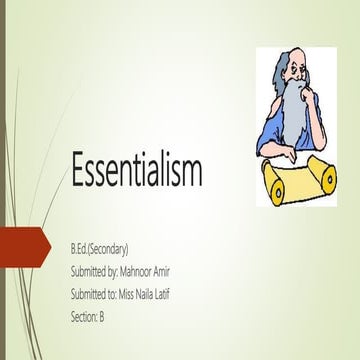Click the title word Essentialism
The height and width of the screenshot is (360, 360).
pyautogui.click(x=136, y=171)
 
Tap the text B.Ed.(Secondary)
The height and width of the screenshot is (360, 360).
pyautogui.click(x=99, y=246)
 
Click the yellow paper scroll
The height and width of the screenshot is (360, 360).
pyautogui.click(x=296, y=179)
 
